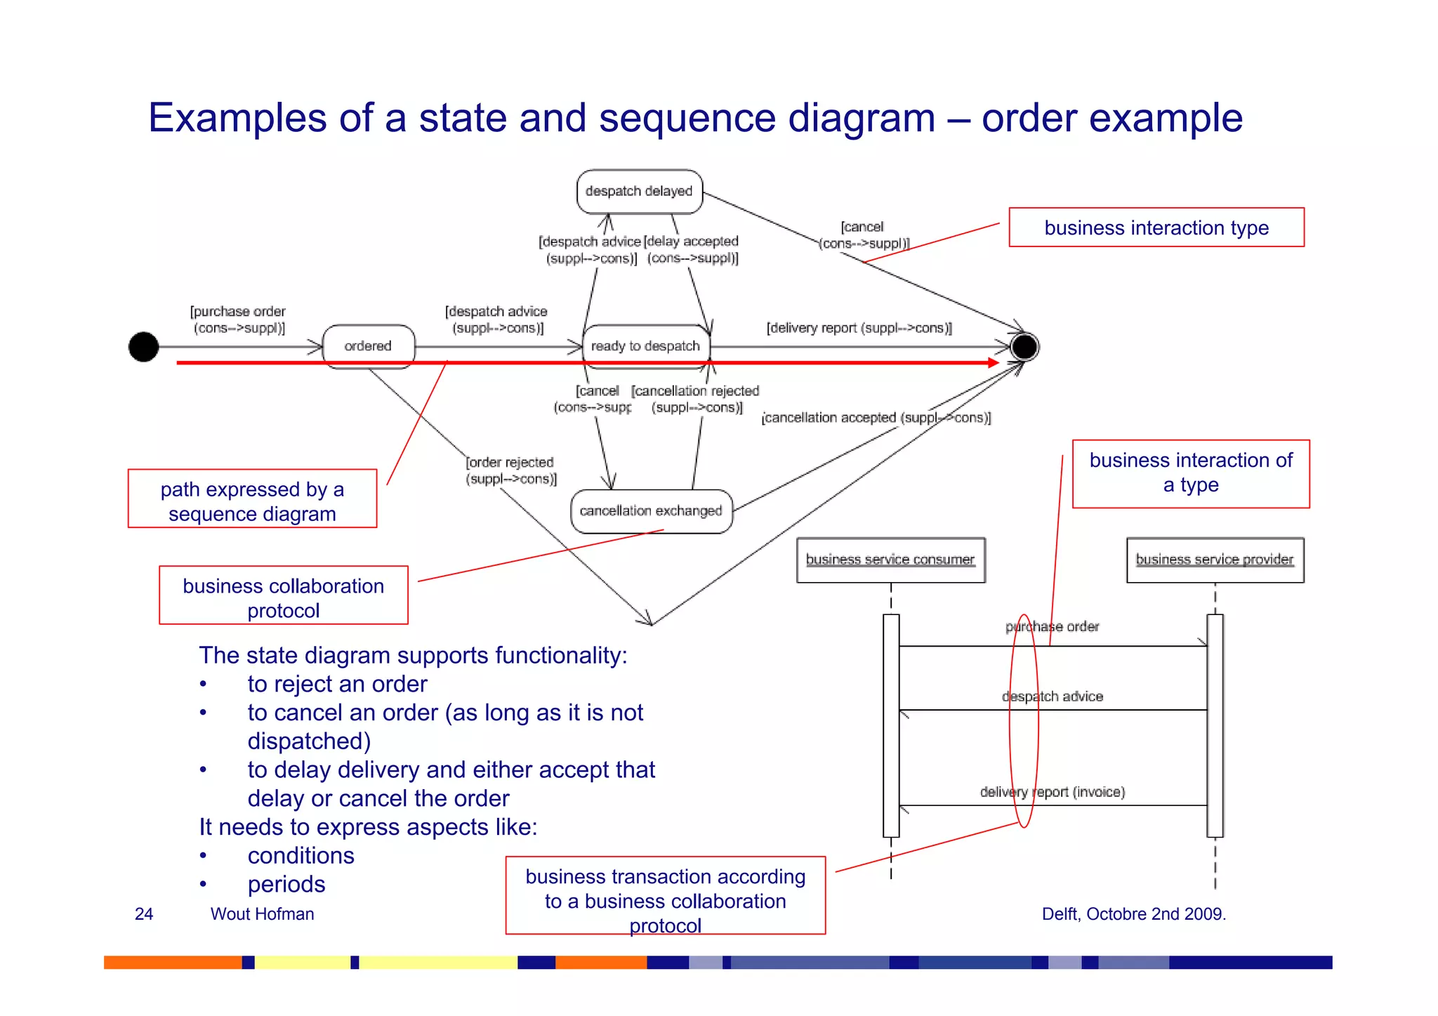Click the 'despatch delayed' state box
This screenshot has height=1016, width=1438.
coord(639,191)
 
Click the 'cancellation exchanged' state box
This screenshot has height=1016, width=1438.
coord(651,510)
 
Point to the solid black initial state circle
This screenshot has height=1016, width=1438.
coord(144,347)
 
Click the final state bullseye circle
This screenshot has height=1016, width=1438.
coord(1024,347)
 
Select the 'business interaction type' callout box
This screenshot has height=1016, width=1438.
coord(1156,227)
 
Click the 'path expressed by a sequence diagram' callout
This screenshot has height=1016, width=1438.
coord(252,499)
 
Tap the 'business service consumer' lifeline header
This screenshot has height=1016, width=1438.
coord(890,560)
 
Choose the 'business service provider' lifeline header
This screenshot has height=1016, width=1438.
coord(1215,560)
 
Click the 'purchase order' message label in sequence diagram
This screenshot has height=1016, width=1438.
coord(1052,626)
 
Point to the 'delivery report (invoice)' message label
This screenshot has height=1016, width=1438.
coord(1052,792)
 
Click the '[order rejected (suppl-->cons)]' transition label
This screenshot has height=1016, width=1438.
coord(510,470)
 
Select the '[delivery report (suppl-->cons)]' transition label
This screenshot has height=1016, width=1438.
coord(859,328)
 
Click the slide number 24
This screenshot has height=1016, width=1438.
coord(144,913)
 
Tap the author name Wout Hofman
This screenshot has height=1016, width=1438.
coord(262,913)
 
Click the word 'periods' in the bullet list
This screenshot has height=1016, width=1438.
coord(286,884)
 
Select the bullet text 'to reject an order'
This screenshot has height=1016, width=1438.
coord(337,684)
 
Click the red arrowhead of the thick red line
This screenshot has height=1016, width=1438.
coord(993,362)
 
